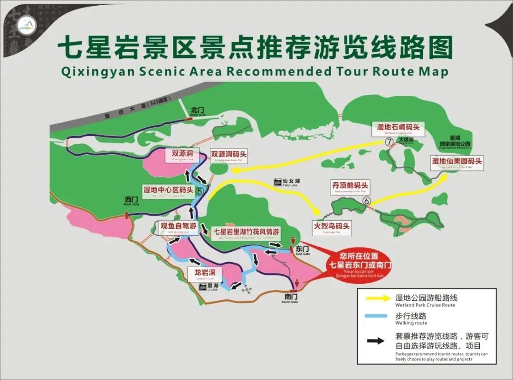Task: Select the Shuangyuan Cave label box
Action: tap(182, 155)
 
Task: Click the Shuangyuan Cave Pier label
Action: tap(229, 156)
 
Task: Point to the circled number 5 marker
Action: tap(199, 191)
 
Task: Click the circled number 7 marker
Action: tap(389, 142)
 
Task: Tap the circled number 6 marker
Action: tap(366, 201)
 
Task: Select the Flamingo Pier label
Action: tap(331, 227)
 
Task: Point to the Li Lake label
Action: tap(211, 287)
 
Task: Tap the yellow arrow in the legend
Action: tap(377, 299)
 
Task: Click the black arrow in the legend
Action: tap(377, 340)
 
